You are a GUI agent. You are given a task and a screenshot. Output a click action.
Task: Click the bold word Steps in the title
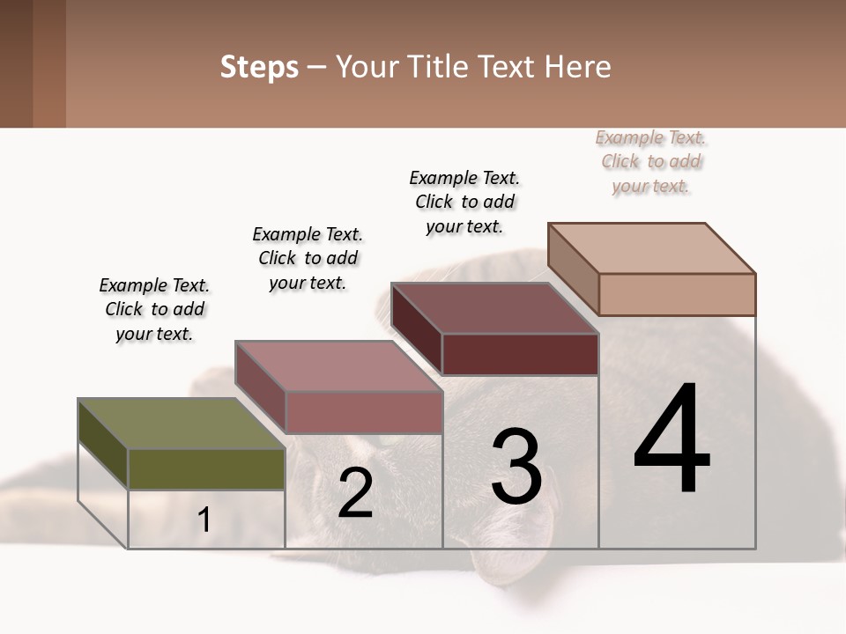tap(259, 67)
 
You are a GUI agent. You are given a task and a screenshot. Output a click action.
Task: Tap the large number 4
tap(672, 440)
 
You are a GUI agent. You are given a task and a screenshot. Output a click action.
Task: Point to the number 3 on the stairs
tap(516, 467)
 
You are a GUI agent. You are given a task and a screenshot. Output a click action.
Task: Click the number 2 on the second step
tap(355, 493)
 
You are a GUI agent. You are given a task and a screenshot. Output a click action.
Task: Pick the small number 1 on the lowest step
tap(204, 520)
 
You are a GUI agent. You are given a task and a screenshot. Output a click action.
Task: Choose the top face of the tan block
tap(651, 247)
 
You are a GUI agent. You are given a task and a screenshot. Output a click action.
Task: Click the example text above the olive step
tap(154, 309)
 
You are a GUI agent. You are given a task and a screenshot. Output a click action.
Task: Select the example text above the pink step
tap(308, 258)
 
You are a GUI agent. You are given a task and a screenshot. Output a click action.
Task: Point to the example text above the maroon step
tap(464, 202)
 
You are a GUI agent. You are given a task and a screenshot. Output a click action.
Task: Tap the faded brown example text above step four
tap(651, 161)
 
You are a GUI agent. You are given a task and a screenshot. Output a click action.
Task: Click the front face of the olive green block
tap(206, 468)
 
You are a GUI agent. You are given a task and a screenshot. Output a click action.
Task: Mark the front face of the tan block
tap(677, 294)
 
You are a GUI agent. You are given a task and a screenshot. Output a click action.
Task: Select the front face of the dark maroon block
tap(520, 354)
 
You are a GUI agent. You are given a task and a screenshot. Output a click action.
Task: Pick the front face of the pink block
tap(364, 412)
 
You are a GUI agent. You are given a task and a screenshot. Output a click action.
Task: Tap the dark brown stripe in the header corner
tap(16, 63)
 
